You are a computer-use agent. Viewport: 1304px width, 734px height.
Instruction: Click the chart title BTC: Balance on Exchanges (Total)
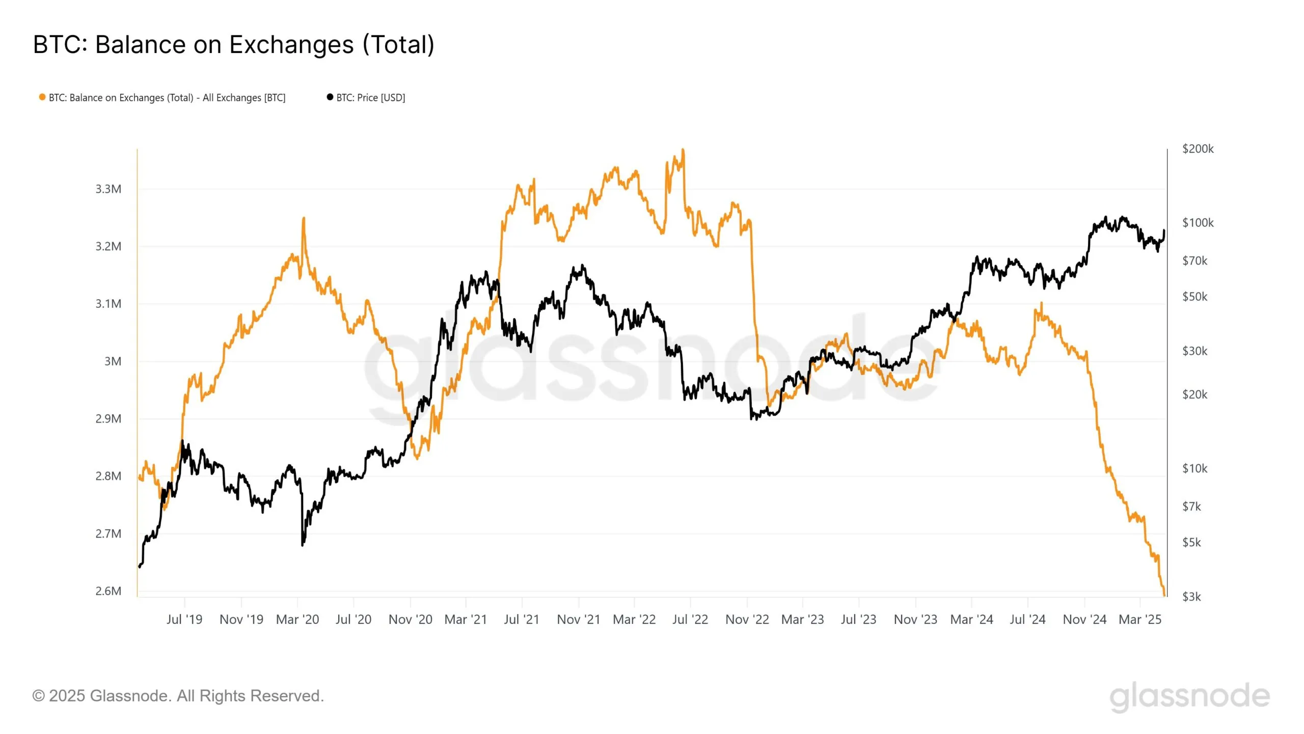(233, 44)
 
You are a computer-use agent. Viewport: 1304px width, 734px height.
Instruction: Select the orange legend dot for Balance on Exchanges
(42, 97)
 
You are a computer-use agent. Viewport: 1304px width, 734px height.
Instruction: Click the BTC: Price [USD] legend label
(370, 97)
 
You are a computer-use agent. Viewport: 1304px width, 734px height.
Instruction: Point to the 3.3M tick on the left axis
(108, 189)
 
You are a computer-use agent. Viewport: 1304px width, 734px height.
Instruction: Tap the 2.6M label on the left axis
(108, 591)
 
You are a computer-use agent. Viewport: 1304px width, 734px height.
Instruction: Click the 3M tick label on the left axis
(113, 361)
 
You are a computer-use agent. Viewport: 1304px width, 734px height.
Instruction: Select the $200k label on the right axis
(1198, 149)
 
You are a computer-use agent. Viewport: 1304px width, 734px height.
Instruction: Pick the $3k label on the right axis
(1191, 596)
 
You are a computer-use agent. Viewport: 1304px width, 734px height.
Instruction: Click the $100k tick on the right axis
(1198, 223)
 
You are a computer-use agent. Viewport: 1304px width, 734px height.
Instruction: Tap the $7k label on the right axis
(1191, 506)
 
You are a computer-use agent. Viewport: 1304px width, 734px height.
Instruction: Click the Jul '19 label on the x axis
(184, 619)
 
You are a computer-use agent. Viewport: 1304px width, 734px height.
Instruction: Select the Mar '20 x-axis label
(297, 619)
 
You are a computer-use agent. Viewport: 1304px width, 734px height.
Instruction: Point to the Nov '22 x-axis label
(747, 619)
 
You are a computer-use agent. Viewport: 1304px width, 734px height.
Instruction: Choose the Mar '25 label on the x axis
(1140, 619)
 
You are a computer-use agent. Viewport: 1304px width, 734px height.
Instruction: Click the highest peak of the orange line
(683, 150)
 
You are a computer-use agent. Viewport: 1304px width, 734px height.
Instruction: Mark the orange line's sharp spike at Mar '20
(304, 219)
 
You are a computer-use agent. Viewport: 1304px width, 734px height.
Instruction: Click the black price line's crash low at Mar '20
(303, 544)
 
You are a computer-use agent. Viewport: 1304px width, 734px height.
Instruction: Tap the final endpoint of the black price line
(1164, 231)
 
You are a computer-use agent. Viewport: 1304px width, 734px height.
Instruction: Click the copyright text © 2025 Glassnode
(178, 696)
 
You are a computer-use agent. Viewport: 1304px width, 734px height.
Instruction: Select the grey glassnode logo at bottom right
(1189, 696)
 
